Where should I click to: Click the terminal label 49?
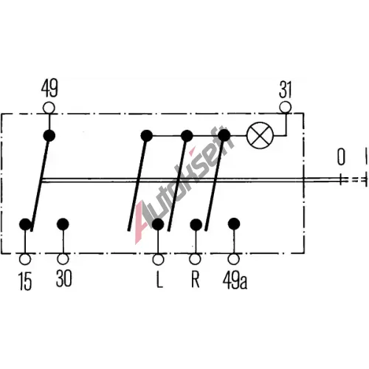49,89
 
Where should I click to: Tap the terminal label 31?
286,90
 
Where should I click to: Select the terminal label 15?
25,282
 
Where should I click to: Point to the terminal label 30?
63,278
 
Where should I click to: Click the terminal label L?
159,280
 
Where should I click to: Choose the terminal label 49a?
235,280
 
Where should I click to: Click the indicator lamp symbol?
260,135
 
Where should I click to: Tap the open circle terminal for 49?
49,108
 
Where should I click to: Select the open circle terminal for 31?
286,107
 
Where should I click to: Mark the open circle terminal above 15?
25,259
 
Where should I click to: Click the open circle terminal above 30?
63,259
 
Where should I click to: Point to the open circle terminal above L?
158,259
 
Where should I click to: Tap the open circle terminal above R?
196,259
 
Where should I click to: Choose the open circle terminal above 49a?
233,259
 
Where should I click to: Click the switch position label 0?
341,156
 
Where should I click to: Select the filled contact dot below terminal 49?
49,136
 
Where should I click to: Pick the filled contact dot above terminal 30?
63,224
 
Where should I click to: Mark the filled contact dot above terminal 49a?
234,224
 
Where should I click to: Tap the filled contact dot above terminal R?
196,224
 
